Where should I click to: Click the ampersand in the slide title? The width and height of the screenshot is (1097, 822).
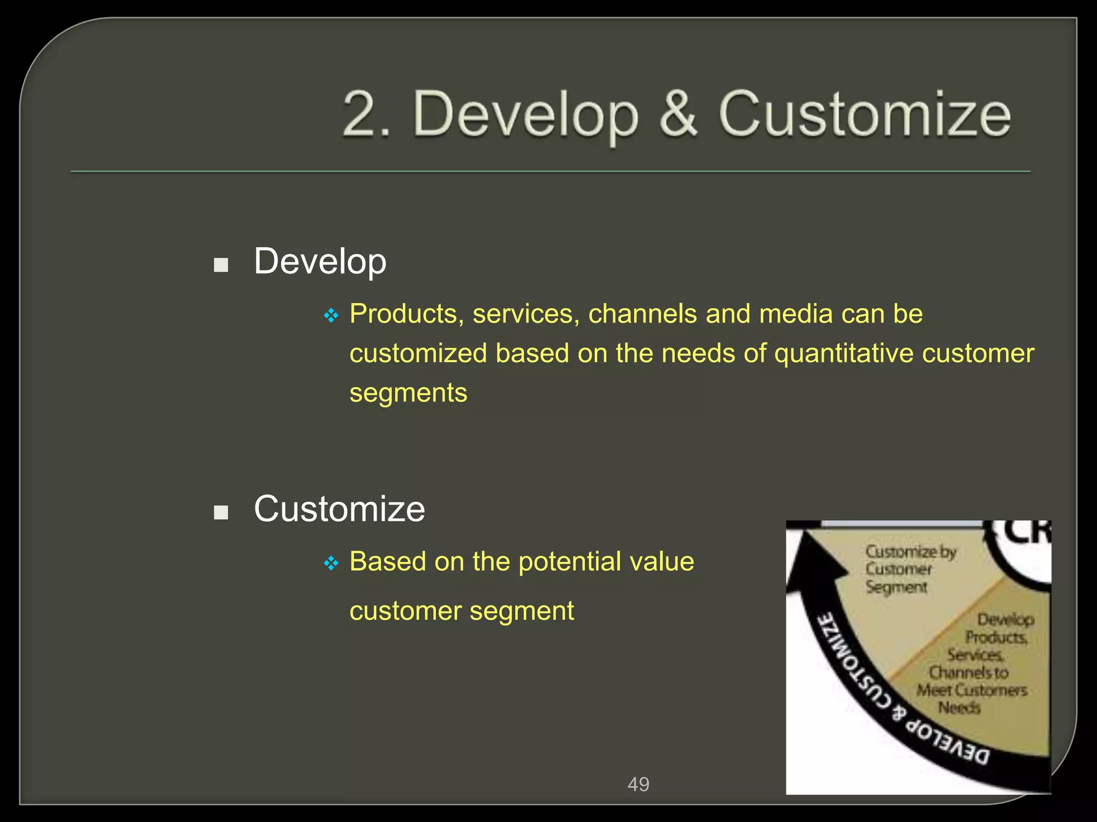[678, 114]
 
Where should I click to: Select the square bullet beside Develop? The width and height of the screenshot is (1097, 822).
[221, 265]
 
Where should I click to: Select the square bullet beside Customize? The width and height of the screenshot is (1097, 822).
[221, 513]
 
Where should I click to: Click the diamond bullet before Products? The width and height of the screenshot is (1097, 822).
[332, 316]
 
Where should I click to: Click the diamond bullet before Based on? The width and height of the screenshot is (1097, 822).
[332, 563]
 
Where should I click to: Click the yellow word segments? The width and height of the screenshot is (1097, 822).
[408, 393]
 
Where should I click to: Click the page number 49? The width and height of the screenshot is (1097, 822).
[638, 784]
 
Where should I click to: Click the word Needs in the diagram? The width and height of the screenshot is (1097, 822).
[959, 708]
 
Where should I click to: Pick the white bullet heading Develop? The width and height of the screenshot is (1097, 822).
[320, 262]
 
